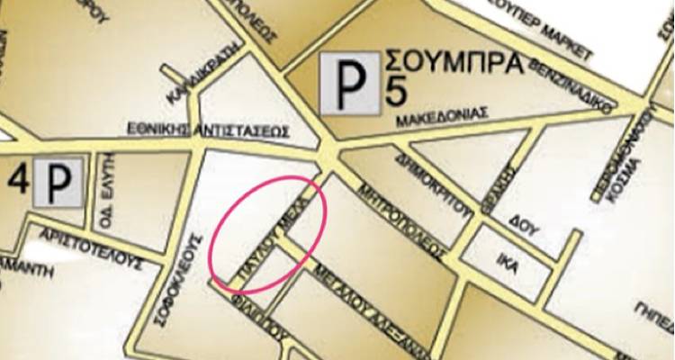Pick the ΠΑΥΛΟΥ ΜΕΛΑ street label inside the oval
click(270, 229)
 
